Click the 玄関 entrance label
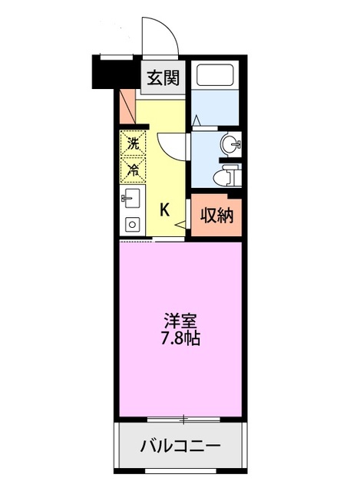(x=163, y=77)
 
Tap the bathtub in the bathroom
(x=215, y=75)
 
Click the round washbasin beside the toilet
(x=230, y=145)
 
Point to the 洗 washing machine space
(x=133, y=143)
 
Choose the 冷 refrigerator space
(x=133, y=170)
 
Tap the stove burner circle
(x=133, y=224)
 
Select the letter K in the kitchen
(x=164, y=209)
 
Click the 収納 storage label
(x=216, y=216)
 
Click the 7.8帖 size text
(x=181, y=338)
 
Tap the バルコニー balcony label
(x=180, y=446)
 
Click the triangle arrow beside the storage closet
(x=180, y=224)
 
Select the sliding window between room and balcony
(x=183, y=419)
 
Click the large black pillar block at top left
(x=111, y=73)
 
